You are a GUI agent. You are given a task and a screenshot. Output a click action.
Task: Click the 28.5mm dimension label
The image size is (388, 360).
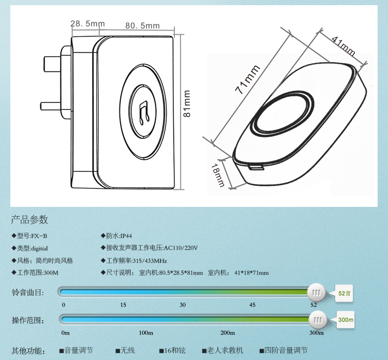(87, 24)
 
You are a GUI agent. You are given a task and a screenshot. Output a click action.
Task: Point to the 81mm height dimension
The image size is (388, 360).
(187, 103)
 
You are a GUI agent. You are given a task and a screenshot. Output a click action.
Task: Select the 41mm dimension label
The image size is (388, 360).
(342, 47)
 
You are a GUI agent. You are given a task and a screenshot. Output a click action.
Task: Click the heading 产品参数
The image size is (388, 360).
(29, 219)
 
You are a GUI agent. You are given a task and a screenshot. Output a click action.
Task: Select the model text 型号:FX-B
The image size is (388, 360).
(35, 235)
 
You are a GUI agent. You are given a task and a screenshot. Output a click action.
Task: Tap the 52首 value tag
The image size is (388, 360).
(344, 293)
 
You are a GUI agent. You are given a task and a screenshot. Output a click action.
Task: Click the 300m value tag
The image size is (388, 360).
(346, 320)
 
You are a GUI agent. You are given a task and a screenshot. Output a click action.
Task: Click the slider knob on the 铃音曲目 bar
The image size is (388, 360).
(316, 293)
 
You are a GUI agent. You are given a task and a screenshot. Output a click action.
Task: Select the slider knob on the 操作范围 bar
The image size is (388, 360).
(319, 320)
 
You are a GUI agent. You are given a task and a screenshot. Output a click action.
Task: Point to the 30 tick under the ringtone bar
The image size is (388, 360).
(183, 305)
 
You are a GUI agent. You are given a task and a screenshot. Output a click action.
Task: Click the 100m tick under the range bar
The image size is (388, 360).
(146, 333)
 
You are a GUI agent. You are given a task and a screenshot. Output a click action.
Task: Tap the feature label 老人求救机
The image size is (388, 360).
(225, 350)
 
